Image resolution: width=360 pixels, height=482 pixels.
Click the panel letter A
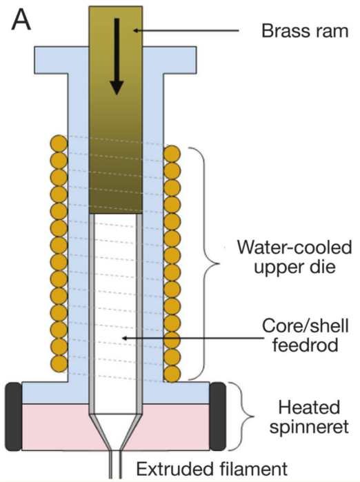pos(21,21)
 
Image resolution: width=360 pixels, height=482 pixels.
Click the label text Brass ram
pos(305,31)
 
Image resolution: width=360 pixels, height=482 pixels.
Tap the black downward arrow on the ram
pos(117,57)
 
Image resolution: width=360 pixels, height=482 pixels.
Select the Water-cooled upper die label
pos(294,257)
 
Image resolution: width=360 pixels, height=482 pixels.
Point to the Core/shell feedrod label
pos(306,335)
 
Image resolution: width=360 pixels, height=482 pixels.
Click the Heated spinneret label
pos(309,416)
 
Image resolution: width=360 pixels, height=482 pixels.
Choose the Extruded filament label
pos(212,469)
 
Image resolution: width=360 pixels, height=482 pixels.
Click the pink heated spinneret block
pos(116,427)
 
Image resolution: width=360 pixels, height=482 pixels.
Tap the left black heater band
pos(14,416)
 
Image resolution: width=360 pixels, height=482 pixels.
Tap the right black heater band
pos(218,416)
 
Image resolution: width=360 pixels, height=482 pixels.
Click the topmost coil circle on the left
pos(59,143)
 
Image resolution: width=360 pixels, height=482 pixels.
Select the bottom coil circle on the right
pos(172,374)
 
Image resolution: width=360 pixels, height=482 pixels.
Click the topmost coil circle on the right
pos(172,154)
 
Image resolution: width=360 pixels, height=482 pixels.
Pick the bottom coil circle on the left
pos(59,363)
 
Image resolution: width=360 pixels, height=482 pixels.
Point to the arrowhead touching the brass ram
pos(135,30)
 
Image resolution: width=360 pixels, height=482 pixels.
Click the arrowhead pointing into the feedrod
pos(125,339)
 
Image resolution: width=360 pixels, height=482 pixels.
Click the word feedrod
pos(306,345)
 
